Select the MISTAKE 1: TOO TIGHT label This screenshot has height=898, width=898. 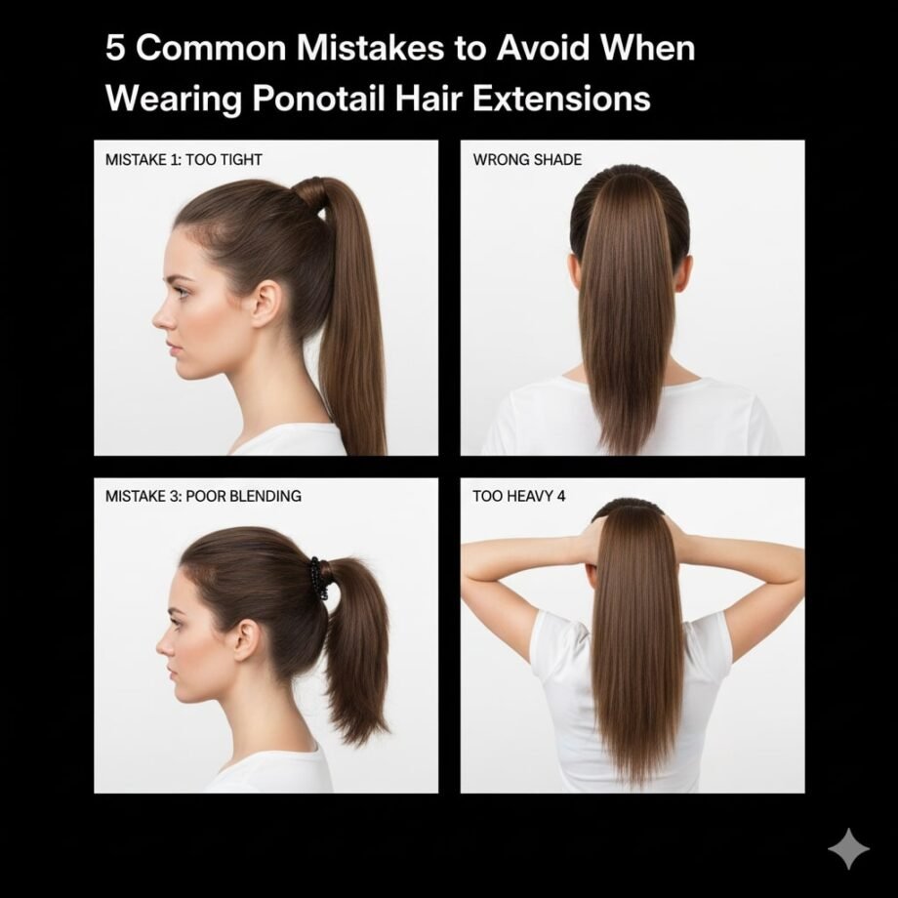[183, 159]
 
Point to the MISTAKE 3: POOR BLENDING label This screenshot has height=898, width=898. [203, 496]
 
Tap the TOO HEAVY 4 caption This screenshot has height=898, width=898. [518, 496]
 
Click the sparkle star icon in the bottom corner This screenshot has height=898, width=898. [848, 848]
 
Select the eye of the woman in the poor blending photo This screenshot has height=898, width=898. [180, 619]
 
